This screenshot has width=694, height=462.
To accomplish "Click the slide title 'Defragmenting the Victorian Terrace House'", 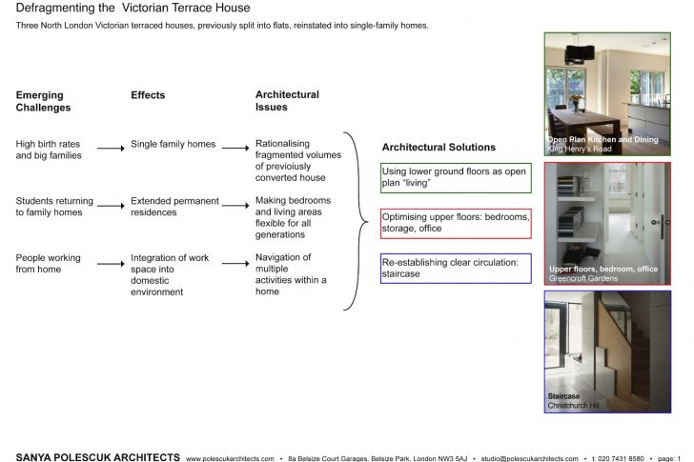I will [133, 9].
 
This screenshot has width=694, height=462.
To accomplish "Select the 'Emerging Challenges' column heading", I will [43, 101].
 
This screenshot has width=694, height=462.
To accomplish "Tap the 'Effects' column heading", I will [148, 95].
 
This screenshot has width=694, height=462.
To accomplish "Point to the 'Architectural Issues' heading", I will [287, 101].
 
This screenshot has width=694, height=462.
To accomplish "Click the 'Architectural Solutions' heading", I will [439, 148].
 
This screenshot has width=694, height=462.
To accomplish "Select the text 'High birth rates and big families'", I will [49, 150].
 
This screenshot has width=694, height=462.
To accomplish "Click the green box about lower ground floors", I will [455, 177].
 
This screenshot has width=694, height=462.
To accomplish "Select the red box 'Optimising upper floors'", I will [455, 223].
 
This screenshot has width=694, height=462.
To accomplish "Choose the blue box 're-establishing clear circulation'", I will [455, 268].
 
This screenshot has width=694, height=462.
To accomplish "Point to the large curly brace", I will [358, 222].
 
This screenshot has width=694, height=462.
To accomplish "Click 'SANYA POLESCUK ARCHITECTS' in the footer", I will [97, 457].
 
